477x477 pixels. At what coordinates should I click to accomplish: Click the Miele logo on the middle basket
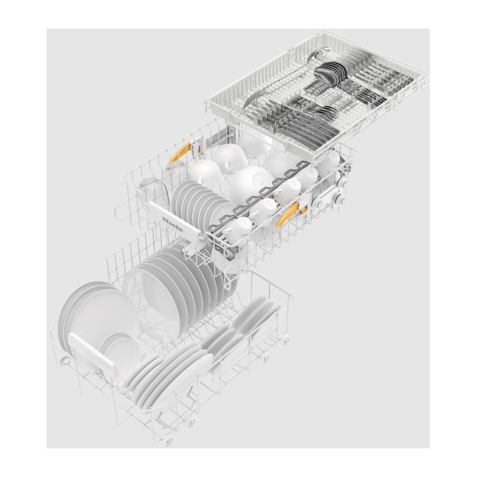tap(173, 224)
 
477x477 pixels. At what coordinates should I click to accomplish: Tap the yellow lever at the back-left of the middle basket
tap(180, 152)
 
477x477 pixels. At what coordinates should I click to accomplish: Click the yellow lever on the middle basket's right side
tap(287, 214)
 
